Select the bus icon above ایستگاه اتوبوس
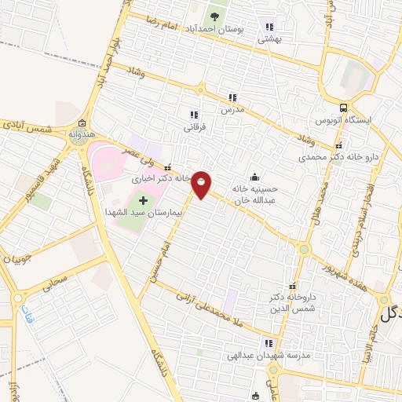pos(343,108)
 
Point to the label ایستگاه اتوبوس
pos(342,121)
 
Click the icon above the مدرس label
pos(232,98)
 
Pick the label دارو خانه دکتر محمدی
pos(338,158)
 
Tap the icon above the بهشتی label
pos(272,26)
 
